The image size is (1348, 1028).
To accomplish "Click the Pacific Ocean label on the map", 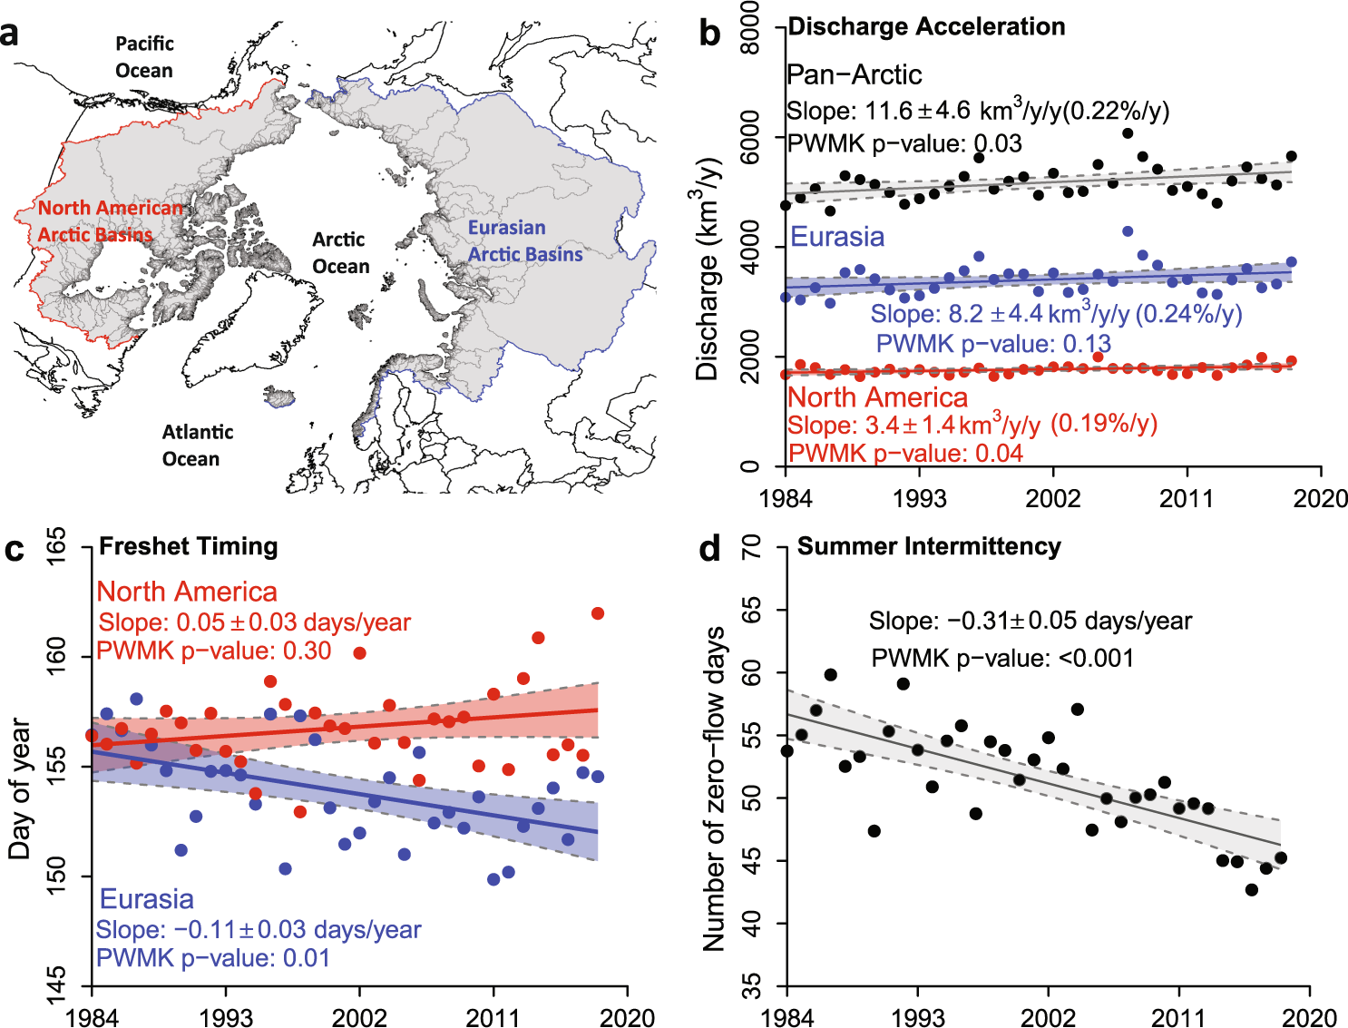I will coord(144,56).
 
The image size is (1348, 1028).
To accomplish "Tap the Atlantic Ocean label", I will coord(197,445).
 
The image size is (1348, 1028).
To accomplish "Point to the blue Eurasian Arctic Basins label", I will coord(524,240).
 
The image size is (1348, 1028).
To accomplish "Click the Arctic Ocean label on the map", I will coord(340,252).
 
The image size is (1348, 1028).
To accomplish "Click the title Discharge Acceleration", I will coord(926,26).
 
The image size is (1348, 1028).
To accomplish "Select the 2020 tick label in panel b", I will coord(1320,498).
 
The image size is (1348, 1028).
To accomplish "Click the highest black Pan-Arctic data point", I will coord(1128,133).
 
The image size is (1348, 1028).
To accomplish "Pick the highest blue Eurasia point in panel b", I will coord(1128,231).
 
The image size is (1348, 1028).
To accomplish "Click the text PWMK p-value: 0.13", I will coord(992,344).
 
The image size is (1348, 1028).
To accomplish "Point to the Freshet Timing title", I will coord(188,546).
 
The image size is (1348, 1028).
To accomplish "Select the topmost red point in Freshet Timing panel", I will coord(598,613).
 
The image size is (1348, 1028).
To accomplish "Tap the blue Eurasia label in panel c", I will coord(146,899).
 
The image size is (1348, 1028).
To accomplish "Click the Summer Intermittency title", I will coord(928,546).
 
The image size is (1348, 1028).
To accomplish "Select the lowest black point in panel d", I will coord(1252,889).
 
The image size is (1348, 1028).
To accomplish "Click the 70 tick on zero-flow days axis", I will coord(751,546).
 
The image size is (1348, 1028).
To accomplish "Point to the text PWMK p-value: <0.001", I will coord(1001,658).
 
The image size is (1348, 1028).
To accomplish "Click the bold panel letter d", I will coord(710,549).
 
